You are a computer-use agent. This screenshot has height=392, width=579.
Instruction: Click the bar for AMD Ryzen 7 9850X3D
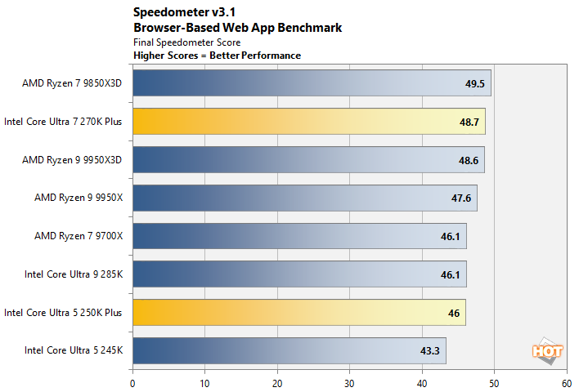[311, 83]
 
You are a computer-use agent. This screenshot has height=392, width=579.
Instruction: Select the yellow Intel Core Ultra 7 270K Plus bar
[308, 121]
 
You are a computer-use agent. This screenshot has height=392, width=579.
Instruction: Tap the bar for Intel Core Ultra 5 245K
[289, 350]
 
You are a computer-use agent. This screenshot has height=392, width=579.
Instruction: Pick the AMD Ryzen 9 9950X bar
[304, 198]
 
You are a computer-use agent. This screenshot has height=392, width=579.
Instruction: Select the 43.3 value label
[429, 351]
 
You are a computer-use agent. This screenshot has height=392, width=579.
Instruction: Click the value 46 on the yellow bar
[453, 313]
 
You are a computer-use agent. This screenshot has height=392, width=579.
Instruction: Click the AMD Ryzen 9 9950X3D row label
[72, 159]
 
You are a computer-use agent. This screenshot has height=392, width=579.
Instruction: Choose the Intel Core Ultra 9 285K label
[74, 274]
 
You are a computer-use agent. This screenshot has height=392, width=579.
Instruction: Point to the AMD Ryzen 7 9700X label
[78, 236]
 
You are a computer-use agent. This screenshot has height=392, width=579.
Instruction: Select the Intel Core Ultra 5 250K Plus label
[63, 312]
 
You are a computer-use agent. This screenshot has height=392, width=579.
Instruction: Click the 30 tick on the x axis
[349, 381]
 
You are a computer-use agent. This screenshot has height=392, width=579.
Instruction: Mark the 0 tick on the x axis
[132, 381]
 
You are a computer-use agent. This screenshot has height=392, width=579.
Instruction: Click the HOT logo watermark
[547, 351]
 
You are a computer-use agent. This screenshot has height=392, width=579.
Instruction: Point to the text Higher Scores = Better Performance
[217, 56]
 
